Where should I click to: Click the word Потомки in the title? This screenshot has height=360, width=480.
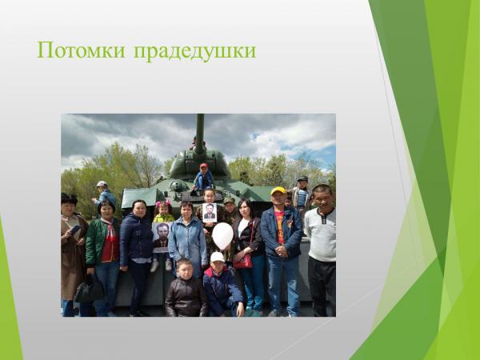pos(80,50)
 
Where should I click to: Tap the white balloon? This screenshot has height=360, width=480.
pos(222,235)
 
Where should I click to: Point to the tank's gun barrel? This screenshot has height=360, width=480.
pos(200,132)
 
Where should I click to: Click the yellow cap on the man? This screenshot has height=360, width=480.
pos(278,190)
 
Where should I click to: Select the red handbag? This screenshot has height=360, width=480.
pos(242,260)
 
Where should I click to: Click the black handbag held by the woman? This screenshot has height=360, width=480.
pos(87,290)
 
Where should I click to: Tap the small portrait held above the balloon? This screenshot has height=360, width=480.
pos(209,213)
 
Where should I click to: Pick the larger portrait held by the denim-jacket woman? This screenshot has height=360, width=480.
pos(162,237)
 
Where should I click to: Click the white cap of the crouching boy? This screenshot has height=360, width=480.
pos(218,257)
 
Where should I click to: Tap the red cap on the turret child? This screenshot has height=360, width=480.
pos(203,166)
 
